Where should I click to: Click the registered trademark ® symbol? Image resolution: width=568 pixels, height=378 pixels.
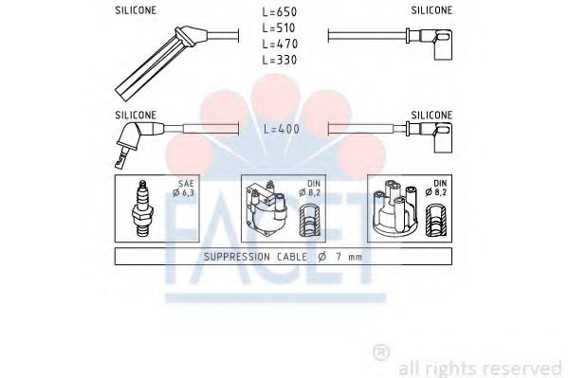(381, 352)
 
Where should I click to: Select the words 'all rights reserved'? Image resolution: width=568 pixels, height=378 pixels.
(481, 368)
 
